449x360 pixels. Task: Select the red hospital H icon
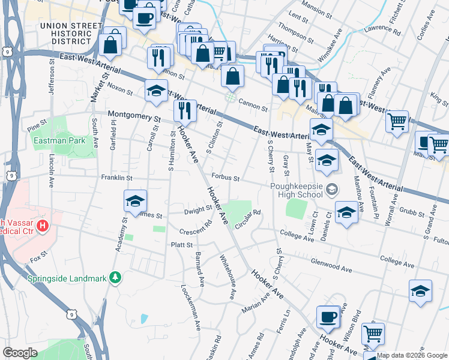click(x=43, y=226)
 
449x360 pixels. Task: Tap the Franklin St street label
click(x=116, y=178)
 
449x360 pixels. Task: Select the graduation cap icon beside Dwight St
click(x=135, y=201)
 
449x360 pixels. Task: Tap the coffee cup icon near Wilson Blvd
click(x=328, y=317)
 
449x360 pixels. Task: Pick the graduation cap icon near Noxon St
click(x=156, y=91)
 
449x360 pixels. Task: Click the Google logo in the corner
click(x=20, y=353)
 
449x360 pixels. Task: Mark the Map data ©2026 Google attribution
click(x=412, y=355)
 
